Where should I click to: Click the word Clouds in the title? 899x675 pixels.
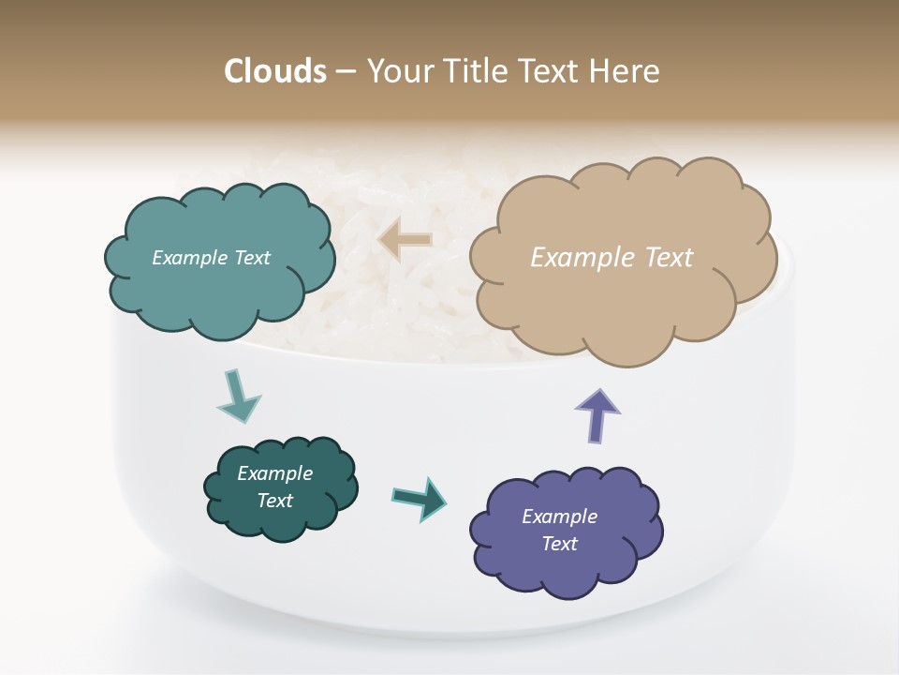click(x=275, y=71)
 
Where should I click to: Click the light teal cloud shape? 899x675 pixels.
click(x=219, y=281)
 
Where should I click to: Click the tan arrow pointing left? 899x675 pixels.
click(x=405, y=239)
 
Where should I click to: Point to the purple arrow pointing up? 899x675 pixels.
click(x=597, y=414)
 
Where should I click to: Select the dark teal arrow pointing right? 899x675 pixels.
click(x=420, y=498)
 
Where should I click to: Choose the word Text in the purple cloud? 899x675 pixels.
click(x=560, y=544)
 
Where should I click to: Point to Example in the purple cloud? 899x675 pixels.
click(x=559, y=517)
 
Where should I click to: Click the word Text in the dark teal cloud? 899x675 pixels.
click(x=275, y=501)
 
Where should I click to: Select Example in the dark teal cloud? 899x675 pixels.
click(x=275, y=473)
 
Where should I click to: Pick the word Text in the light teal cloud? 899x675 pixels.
click(x=251, y=258)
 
